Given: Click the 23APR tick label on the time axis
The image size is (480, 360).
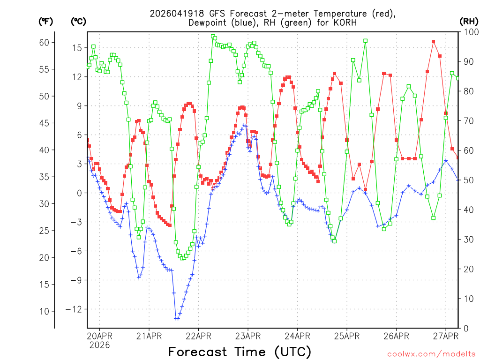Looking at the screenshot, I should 247,336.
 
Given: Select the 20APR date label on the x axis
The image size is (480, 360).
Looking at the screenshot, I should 99,336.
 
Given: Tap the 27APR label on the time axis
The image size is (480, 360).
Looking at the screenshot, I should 445,336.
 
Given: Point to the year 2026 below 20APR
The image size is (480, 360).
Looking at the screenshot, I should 99,345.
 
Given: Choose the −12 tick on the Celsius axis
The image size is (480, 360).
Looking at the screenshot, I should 74,309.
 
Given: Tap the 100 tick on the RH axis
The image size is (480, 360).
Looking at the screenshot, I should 470,32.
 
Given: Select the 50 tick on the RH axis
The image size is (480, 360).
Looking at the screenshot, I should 468,180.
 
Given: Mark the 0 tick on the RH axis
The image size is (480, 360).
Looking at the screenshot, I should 466,328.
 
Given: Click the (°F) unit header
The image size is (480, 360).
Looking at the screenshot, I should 45,21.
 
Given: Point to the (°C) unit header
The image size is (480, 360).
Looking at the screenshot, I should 78,21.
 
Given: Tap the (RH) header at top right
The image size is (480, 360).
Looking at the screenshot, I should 469,21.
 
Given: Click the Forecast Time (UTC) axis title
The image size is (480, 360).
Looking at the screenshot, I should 240,352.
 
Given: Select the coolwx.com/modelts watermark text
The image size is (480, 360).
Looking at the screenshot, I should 432,353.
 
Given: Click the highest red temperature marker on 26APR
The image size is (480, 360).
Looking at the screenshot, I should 434,42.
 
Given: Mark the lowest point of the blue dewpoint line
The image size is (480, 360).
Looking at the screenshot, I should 177,319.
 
